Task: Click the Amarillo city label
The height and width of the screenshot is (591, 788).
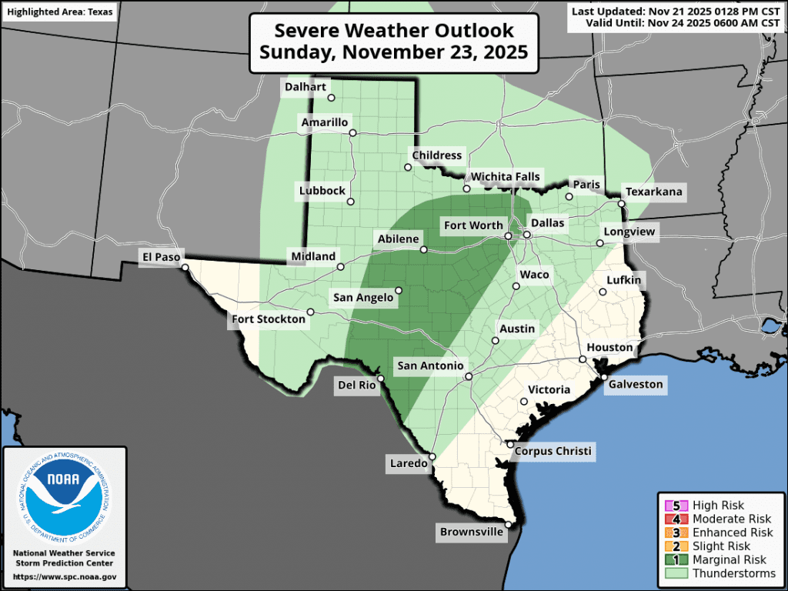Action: (325, 123)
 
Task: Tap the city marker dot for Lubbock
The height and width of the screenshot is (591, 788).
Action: (350, 202)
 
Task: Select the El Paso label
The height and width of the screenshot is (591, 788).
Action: (159, 256)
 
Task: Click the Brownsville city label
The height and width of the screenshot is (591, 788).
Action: (472, 532)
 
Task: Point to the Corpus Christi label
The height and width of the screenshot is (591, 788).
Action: (553, 452)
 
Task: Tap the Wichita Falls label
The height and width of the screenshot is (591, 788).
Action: (506, 177)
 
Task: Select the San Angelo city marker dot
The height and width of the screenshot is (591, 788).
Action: (399, 291)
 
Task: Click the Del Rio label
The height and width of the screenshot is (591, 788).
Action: (354, 384)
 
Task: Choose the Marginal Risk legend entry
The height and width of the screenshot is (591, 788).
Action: (727, 560)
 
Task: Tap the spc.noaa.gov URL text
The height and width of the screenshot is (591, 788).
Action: (65, 576)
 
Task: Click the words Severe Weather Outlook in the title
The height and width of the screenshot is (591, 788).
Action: (394, 32)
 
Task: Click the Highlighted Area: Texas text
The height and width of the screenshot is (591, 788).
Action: (58, 12)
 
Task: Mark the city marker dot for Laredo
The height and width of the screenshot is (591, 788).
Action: (432, 456)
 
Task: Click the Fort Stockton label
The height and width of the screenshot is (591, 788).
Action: (269, 319)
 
